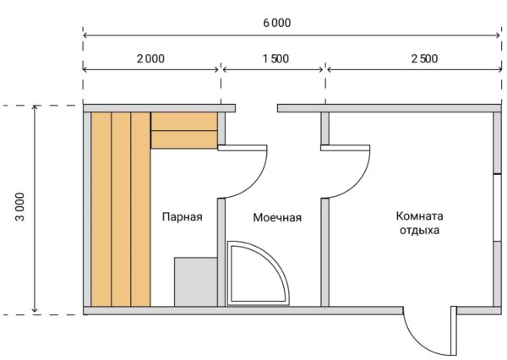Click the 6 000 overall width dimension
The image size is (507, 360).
[277, 23]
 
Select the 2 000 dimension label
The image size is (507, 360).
[150, 58]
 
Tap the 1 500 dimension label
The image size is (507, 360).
[275, 58]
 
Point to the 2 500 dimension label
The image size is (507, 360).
[424, 58]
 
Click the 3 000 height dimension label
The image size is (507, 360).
[20, 207]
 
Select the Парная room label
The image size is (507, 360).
[182, 216]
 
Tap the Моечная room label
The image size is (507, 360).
[277, 217]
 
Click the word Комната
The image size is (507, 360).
[419, 215]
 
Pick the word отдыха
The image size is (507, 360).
[419, 231]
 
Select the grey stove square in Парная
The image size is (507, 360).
[196, 281]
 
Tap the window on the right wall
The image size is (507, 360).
[498, 208]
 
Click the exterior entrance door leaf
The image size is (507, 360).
[453, 330]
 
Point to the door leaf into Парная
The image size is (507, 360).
[243, 148]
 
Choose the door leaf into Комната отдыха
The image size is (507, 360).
[346, 148]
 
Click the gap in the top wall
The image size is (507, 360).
[256, 108]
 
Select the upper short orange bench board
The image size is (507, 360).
[184, 122]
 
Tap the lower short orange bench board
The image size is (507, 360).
[184, 139]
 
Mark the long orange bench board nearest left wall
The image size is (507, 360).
[101, 210]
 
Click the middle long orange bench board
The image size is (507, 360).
[121, 210]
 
